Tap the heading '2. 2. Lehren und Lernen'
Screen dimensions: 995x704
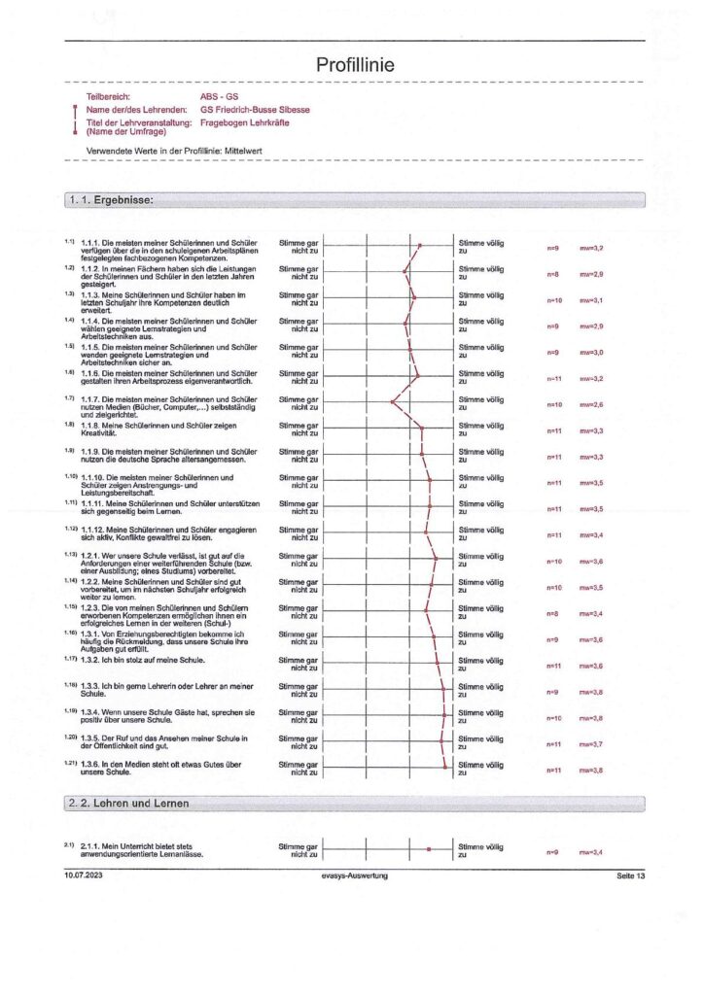pyautogui.click(x=129, y=803)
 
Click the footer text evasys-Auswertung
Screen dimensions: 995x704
pyautogui.click(x=355, y=876)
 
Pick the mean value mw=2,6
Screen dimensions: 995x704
pyautogui.click(x=591, y=404)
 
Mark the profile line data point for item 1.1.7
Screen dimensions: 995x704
pyautogui.click(x=392, y=400)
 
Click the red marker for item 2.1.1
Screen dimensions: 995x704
pyautogui.click(x=428, y=849)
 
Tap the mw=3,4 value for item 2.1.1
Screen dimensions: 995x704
pyautogui.click(x=591, y=852)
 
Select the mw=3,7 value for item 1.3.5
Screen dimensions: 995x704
pyautogui.click(x=591, y=743)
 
